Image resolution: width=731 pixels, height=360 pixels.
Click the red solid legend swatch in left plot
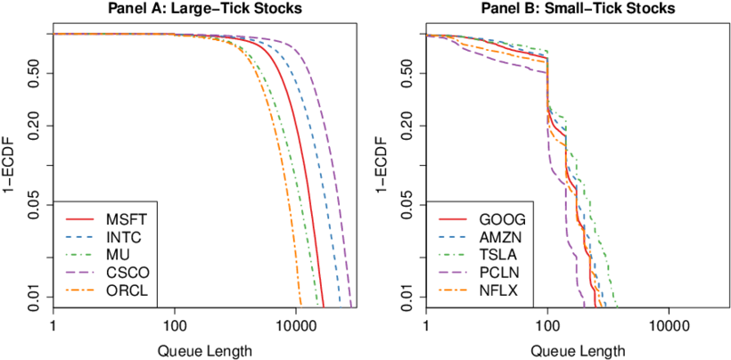pos(79,219)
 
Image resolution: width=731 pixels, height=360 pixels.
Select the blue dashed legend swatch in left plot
pos(79,237)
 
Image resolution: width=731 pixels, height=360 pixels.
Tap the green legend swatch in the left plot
pos(79,255)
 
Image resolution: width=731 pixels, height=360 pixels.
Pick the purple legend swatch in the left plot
pos(79,273)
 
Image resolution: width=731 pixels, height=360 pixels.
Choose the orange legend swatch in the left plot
pos(79,290)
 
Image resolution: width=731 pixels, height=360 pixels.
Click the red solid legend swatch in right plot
pos(453,219)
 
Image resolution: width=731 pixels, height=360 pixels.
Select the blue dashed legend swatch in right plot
pos(453,237)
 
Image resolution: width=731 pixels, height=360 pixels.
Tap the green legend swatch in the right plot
pos(453,255)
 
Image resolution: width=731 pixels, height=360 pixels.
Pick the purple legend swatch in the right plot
pos(453,273)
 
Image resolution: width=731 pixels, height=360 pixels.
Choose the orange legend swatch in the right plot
pos(453,290)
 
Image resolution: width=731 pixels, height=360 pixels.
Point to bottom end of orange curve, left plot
pos(301,306)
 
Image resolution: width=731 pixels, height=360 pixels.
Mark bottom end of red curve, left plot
pos(324,306)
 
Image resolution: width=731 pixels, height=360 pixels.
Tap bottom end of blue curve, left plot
pos(341,306)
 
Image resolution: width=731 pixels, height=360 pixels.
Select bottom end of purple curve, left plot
pos(350,306)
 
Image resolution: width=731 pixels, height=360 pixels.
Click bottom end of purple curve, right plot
pos(584,306)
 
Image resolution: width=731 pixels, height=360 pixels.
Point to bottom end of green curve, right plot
pos(616,306)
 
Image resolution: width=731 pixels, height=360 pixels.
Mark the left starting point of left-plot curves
pos(54,34)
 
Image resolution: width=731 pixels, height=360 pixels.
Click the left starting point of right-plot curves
pos(428,35)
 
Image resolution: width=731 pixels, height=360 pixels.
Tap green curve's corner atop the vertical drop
pos(546,52)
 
